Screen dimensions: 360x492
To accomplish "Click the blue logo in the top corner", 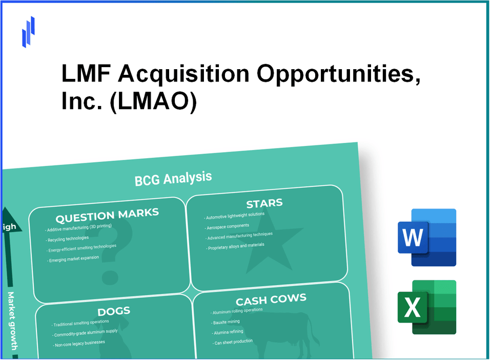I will pos(28,31).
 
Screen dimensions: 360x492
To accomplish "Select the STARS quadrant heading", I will pos(264,203).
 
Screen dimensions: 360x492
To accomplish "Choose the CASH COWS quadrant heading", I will pos(271,300).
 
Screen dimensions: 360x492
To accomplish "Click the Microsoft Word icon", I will pos(426,238).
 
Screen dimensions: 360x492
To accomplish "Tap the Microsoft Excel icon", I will pos(426,307).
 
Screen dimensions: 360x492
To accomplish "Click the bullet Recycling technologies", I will pos(68,239).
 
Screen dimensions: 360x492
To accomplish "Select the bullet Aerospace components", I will pos(229,226).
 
